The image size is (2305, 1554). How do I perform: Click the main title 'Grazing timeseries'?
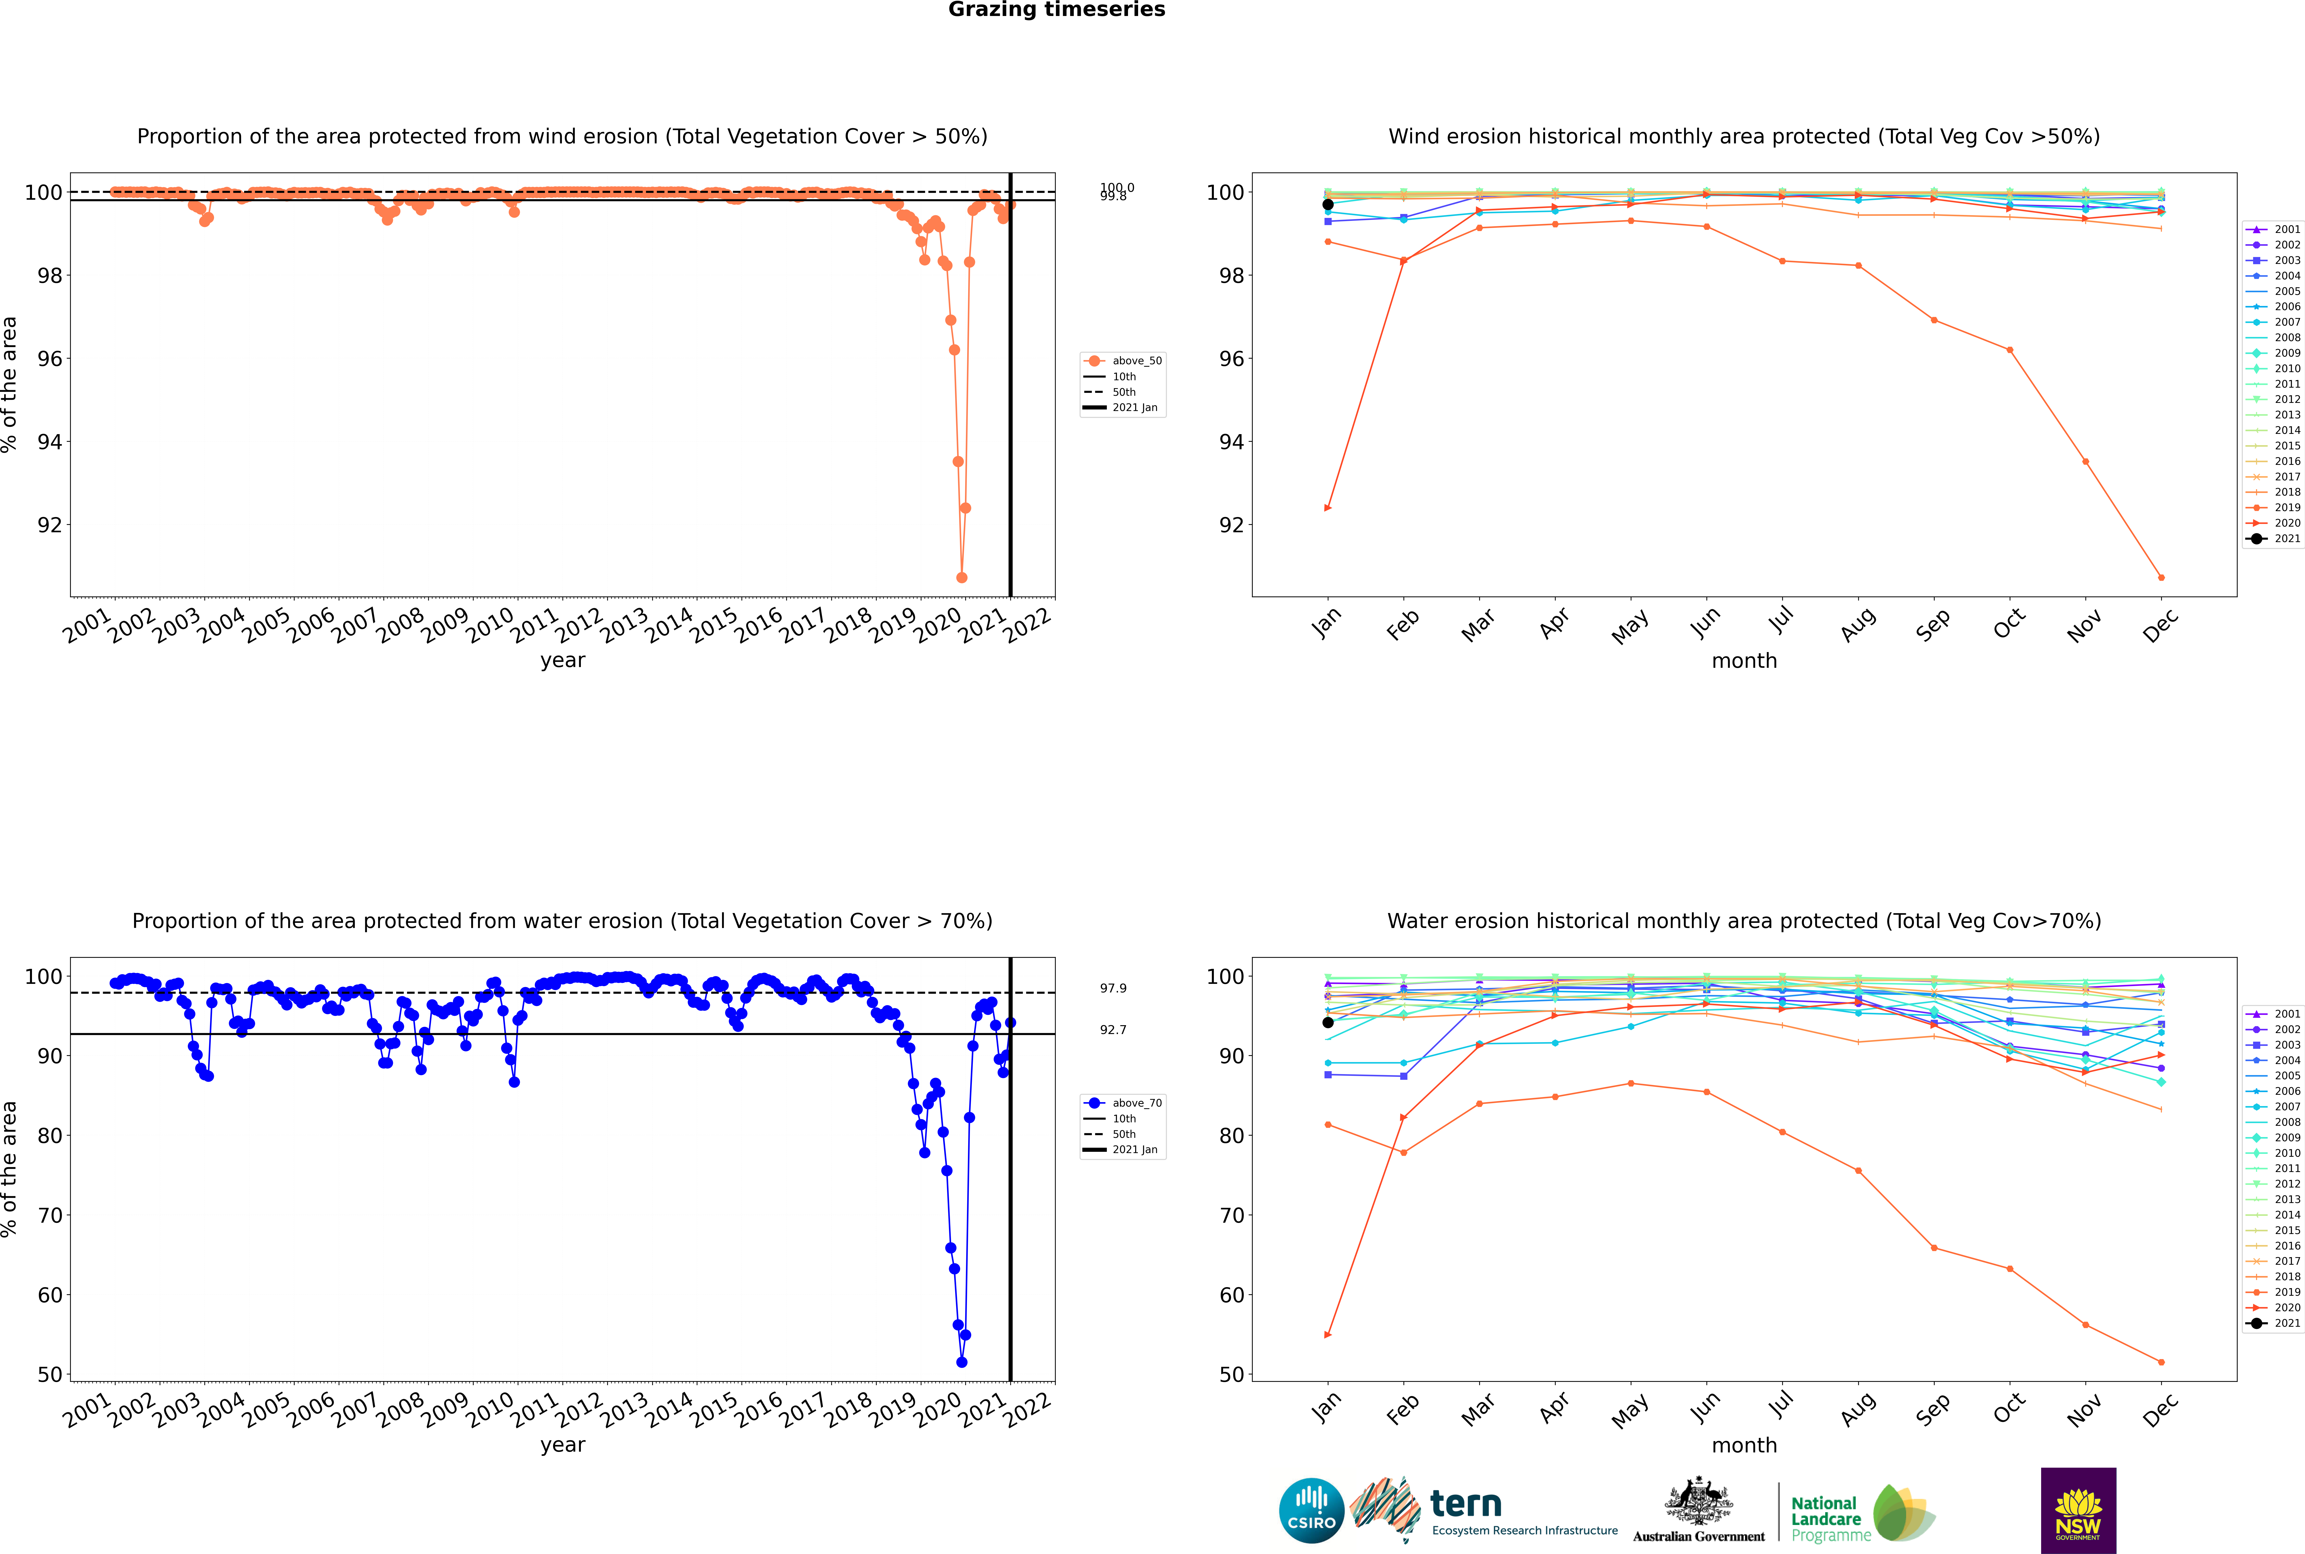click(1056, 10)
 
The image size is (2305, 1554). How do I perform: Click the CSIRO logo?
click(1311, 1511)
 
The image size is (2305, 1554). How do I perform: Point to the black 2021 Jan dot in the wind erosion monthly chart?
click(1328, 204)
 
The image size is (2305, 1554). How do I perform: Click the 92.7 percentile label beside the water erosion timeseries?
click(1113, 1030)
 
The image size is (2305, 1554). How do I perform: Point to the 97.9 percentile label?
click(1113, 988)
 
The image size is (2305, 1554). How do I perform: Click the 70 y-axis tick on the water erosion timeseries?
click(49, 1215)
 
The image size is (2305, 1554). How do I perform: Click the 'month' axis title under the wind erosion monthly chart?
click(1744, 661)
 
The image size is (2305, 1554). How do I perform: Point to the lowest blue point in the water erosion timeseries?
click(961, 1362)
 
